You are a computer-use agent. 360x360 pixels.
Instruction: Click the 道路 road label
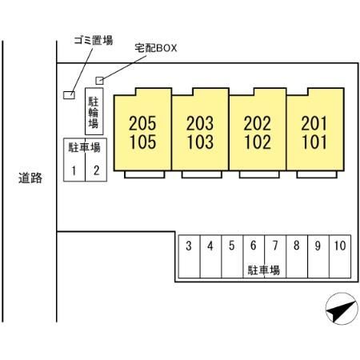[x=30, y=178]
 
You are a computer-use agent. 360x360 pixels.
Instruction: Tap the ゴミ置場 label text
[x=94, y=41]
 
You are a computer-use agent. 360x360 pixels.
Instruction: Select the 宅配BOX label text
[x=156, y=48]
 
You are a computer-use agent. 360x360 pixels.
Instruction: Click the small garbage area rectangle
[x=69, y=95]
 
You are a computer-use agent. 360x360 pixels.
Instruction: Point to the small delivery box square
[x=99, y=80]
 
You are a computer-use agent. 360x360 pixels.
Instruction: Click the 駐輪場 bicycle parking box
[x=94, y=111]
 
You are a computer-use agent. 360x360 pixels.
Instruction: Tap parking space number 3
[x=189, y=257]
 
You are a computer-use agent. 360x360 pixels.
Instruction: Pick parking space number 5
[x=232, y=257]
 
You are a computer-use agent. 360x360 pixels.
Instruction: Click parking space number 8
[x=297, y=257]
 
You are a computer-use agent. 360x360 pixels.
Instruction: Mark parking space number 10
[x=340, y=257]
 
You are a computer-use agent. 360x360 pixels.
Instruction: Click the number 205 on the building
[x=142, y=123]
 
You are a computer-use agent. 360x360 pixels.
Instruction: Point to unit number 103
[x=200, y=142]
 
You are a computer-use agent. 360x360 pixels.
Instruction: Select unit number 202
[x=258, y=123]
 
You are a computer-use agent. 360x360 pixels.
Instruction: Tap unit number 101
[x=314, y=142]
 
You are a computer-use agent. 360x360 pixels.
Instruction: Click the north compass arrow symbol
[x=342, y=309]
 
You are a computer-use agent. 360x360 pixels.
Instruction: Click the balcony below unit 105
[x=145, y=174]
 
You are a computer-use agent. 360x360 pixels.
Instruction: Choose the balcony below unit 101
[x=317, y=174]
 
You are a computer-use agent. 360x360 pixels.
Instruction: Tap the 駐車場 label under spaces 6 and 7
[x=264, y=270]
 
